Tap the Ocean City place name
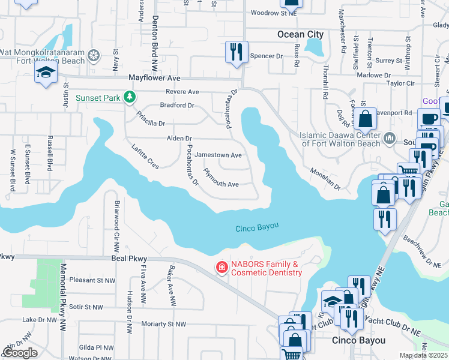click(300, 34)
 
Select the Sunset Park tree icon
click(128, 97)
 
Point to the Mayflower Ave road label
click(154, 78)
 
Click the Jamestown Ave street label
click(218, 155)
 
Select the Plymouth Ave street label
click(221, 178)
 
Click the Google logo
click(20, 353)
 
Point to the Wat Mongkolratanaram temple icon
click(94, 56)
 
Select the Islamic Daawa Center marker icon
click(390, 139)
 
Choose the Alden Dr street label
click(179, 138)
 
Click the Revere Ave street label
click(184, 92)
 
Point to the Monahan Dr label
click(325, 179)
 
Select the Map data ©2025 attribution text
click(424, 355)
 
